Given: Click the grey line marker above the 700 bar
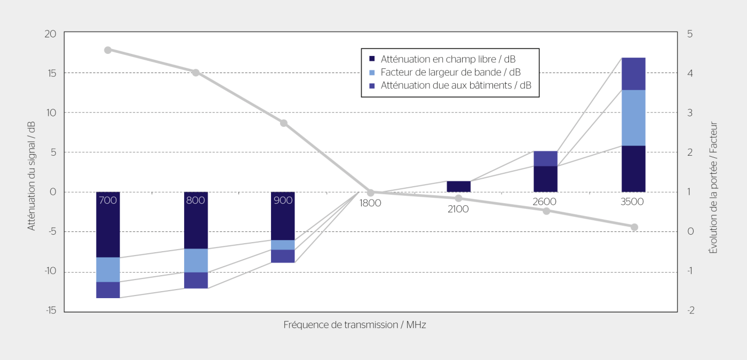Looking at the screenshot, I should (x=108, y=50).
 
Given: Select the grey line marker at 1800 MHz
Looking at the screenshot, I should (x=370, y=193).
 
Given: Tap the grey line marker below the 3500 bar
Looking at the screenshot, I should (x=634, y=227).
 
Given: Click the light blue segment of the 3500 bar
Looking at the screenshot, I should (x=633, y=117).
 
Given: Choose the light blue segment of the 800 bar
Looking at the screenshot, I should (x=196, y=260).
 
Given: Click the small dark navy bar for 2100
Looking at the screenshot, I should (x=458, y=187).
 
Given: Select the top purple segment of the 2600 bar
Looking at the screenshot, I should (x=545, y=158).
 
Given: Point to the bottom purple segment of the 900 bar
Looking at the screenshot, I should (x=283, y=256).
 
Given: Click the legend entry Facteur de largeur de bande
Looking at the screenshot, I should (x=450, y=72).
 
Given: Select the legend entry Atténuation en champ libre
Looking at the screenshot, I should (x=448, y=58).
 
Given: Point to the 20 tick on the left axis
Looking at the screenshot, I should (x=50, y=34).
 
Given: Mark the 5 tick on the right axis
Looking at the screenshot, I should (x=690, y=34).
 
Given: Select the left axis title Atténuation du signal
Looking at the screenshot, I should (x=31, y=175).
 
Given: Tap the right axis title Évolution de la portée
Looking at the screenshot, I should (x=713, y=187).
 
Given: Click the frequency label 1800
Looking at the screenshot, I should (x=370, y=203).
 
